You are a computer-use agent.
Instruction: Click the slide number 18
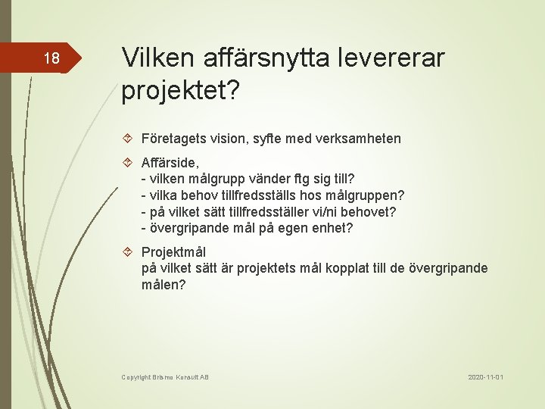[51, 58]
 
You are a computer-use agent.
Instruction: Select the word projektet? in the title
[180, 91]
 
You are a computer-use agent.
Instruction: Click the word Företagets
[176, 139]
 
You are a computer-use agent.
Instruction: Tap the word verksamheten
[360, 139]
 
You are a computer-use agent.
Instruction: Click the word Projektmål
[173, 252]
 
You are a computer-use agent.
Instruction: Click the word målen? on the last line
[163, 286]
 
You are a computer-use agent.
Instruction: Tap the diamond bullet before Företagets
[129, 139]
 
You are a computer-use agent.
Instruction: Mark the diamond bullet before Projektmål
[129, 252]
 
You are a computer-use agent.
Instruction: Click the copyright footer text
[165, 377]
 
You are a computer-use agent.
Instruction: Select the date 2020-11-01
[485, 377]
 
